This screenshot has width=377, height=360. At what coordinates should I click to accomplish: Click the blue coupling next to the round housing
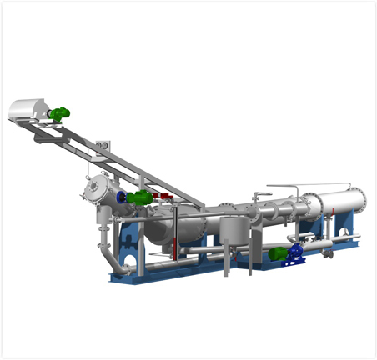click(123, 197)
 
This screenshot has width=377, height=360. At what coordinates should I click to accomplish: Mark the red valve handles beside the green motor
click(163, 199)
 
